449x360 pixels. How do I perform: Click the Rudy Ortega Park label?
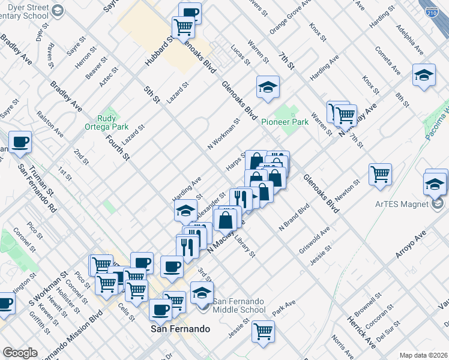tap(112, 122)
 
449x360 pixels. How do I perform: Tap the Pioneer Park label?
tap(285, 122)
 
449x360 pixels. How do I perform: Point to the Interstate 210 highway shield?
tap(432, 11)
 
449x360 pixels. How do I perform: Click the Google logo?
tap(20, 353)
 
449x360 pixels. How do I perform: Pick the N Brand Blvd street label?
tap(294, 218)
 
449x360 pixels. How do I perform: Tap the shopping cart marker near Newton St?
tap(381, 175)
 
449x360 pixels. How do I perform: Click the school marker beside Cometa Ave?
tap(424, 76)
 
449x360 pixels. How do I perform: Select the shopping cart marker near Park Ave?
tap(263, 331)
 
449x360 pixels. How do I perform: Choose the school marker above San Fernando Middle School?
tap(202, 292)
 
